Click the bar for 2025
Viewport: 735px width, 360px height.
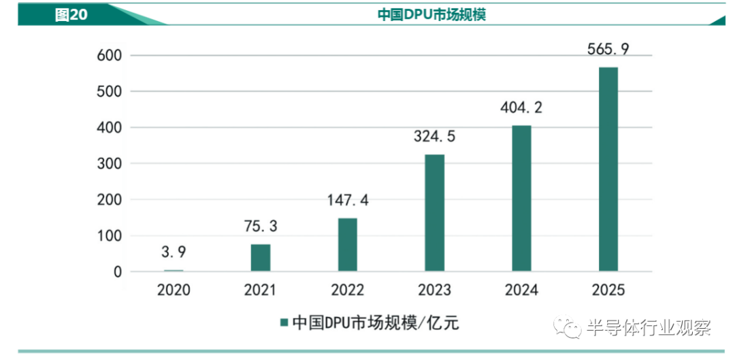coord(608,169)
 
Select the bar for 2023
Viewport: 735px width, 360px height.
coord(434,213)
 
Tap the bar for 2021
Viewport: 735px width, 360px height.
coord(261,258)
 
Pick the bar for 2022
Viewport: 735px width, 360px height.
coord(347,245)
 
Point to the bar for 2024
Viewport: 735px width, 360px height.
coord(521,198)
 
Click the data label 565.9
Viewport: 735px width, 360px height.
coord(608,49)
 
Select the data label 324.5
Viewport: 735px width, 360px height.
coord(434,136)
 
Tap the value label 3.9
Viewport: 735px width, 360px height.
coord(174,252)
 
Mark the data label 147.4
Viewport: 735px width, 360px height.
coord(347,200)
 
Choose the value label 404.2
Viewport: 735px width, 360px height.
coord(521,108)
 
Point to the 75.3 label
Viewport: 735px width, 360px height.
coord(261,227)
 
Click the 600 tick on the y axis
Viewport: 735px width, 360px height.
coord(109,55)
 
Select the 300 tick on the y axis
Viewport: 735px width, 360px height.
coord(109,163)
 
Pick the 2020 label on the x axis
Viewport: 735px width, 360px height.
coord(174,290)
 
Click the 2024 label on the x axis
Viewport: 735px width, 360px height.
coord(521,290)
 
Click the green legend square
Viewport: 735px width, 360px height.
coord(284,323)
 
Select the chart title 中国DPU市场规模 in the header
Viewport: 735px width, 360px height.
coord(431,14)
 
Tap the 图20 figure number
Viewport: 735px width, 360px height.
coord(71,15)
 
